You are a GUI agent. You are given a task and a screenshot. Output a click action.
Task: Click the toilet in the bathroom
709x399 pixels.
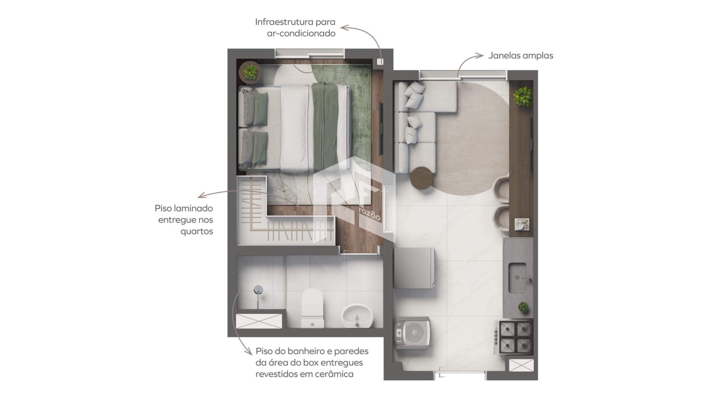[x=312, y=308]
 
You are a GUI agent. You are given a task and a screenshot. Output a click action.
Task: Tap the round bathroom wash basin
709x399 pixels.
[x=357, y=316]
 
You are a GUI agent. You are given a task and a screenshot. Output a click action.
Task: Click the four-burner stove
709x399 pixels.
[x=516, y=337]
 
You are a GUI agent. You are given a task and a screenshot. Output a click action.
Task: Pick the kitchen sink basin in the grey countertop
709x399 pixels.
[x=517, y=278]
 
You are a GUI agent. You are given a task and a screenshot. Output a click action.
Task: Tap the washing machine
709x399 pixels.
[x=413, y=333]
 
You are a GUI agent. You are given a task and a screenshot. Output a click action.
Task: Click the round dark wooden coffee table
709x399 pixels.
[x=421, y=178]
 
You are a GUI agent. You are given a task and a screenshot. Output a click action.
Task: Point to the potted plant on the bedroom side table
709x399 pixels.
[x=250, y=72]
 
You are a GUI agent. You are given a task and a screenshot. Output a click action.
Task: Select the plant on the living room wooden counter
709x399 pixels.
[x=522, y=96]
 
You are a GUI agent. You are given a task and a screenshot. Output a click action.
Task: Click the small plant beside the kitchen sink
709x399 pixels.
[x=523, y=307]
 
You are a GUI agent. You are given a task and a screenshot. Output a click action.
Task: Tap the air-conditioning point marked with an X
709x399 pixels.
[x=380, y=62]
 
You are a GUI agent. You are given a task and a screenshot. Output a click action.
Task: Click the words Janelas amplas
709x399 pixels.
[x=521, y=56]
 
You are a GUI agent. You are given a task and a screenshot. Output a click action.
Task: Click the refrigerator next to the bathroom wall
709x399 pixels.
[x=414, y=268]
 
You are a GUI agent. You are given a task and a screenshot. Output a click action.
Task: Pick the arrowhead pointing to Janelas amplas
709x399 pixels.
[x=480, y=56]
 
